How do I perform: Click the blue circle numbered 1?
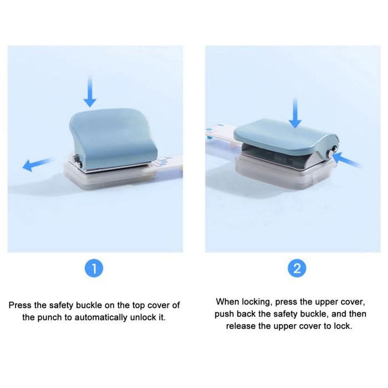tap(94, 269)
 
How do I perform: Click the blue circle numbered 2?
tap(297, 269)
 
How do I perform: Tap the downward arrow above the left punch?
tap(90, 92)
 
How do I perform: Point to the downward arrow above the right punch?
tap(295, 113)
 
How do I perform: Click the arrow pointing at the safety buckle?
tap(346, 160)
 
